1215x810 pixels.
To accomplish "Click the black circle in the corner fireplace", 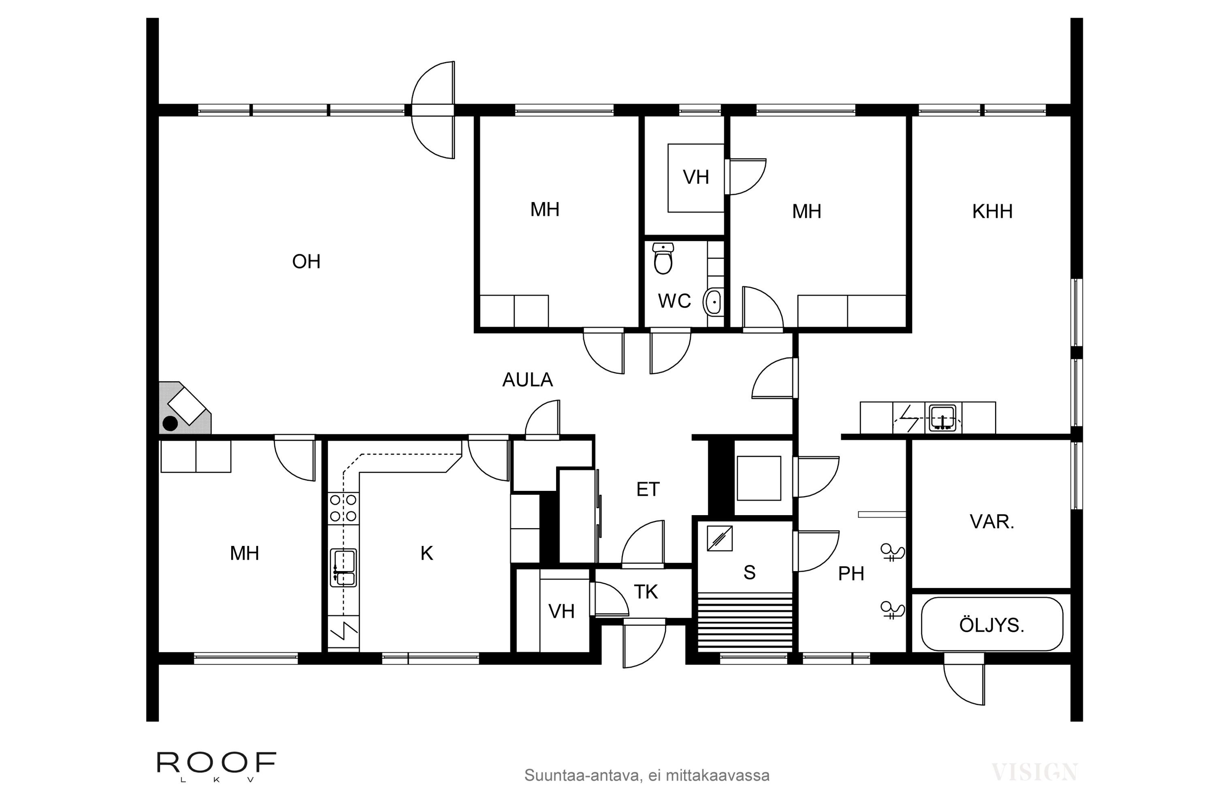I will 171,424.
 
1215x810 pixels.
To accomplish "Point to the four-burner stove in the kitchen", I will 343,508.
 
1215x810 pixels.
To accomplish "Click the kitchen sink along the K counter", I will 343,568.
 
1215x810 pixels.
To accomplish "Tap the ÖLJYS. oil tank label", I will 991,626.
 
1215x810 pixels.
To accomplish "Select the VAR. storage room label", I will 992,522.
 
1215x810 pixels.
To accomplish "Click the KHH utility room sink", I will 943,418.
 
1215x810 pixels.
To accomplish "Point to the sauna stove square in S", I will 720,538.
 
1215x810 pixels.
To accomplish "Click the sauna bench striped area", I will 744,622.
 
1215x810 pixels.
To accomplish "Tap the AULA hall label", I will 527,380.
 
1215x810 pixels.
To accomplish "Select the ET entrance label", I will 648,490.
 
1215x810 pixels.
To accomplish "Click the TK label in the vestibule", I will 646,593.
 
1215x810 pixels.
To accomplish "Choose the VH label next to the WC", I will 696,178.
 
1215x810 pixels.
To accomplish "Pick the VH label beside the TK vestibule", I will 561,612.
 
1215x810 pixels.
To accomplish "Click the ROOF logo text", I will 216,763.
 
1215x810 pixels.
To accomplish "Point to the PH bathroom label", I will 851,574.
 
